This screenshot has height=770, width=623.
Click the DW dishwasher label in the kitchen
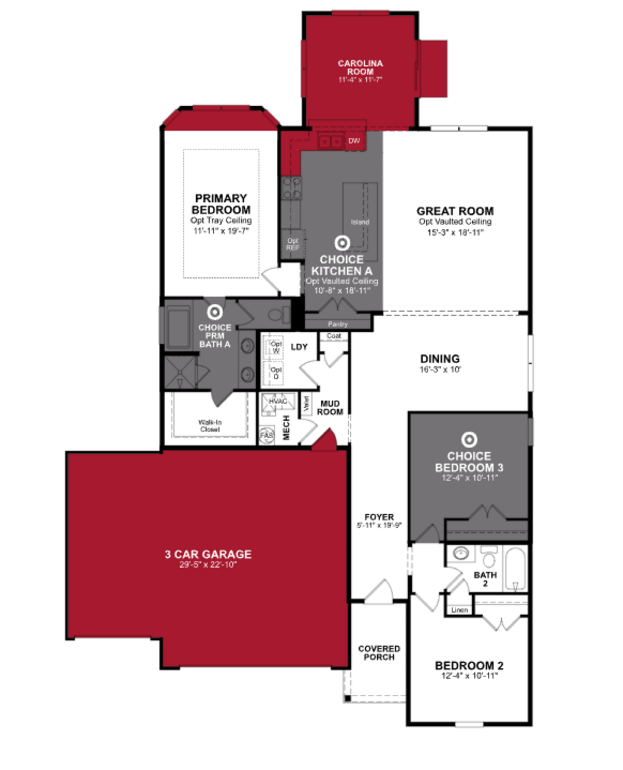354,141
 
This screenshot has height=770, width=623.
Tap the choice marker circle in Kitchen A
342,243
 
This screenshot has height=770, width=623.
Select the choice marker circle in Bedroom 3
469,440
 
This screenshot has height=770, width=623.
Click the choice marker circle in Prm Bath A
215,312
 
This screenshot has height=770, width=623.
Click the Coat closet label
334,336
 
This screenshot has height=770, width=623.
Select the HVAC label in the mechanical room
278,401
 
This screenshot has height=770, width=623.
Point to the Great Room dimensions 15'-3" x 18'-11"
455,232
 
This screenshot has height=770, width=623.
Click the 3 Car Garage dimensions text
208,565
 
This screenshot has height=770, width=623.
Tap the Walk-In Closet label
210,426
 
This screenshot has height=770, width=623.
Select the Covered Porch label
379,653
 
